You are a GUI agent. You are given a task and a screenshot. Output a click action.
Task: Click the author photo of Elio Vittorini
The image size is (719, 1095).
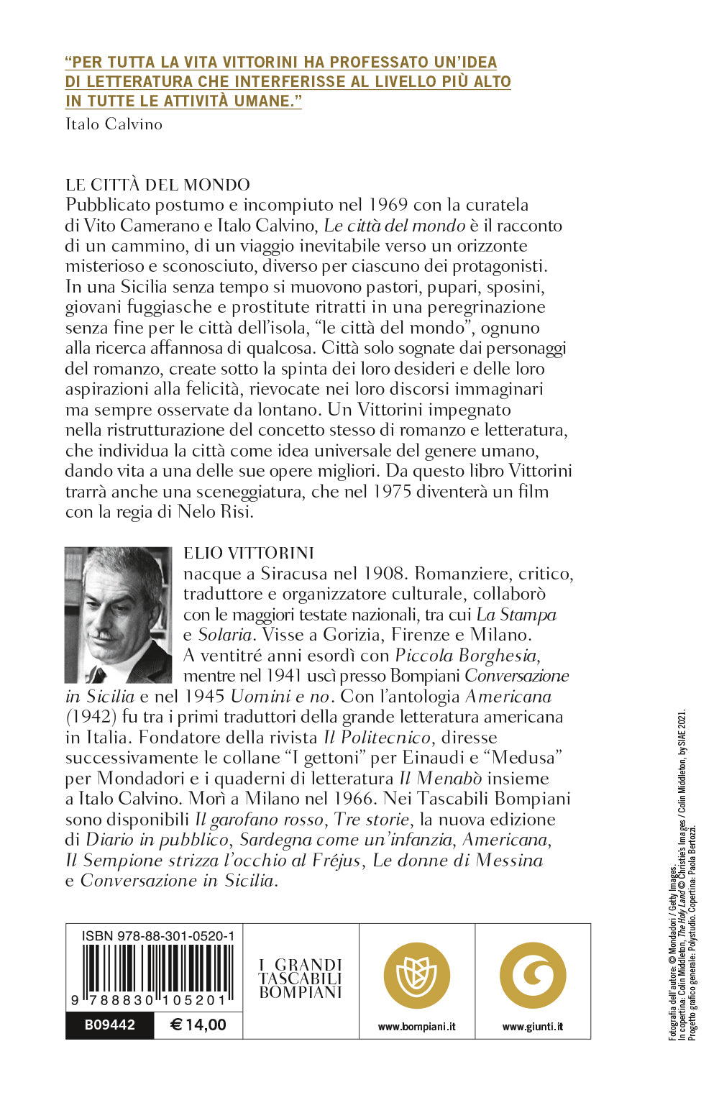point(119,615)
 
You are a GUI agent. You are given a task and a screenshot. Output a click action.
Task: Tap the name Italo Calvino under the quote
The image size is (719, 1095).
point(114,124)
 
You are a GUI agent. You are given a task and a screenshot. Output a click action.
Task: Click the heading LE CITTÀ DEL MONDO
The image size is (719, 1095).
point(157,185)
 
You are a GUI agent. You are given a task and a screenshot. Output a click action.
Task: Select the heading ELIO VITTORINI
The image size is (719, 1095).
point(249,553)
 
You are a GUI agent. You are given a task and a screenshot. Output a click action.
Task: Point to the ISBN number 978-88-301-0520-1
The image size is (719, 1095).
point(157,935)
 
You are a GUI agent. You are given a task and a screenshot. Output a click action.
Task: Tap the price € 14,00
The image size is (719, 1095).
point(198,1025)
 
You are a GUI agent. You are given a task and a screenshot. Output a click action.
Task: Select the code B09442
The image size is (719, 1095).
point(110,1025)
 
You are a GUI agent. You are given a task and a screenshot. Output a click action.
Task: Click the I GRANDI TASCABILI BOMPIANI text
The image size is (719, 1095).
point(301,979)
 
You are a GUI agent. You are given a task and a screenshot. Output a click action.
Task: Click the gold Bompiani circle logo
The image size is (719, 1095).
point(417,976)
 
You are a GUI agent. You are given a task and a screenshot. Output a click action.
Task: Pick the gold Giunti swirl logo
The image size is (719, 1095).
point(533,976)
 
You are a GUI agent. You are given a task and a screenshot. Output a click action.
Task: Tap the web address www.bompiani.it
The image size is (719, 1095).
point(417,1027)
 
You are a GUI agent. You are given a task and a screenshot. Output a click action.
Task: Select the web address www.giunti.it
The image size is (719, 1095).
point(533,1027)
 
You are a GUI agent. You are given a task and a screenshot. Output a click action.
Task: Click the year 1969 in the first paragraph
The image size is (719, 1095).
point(389,205)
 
